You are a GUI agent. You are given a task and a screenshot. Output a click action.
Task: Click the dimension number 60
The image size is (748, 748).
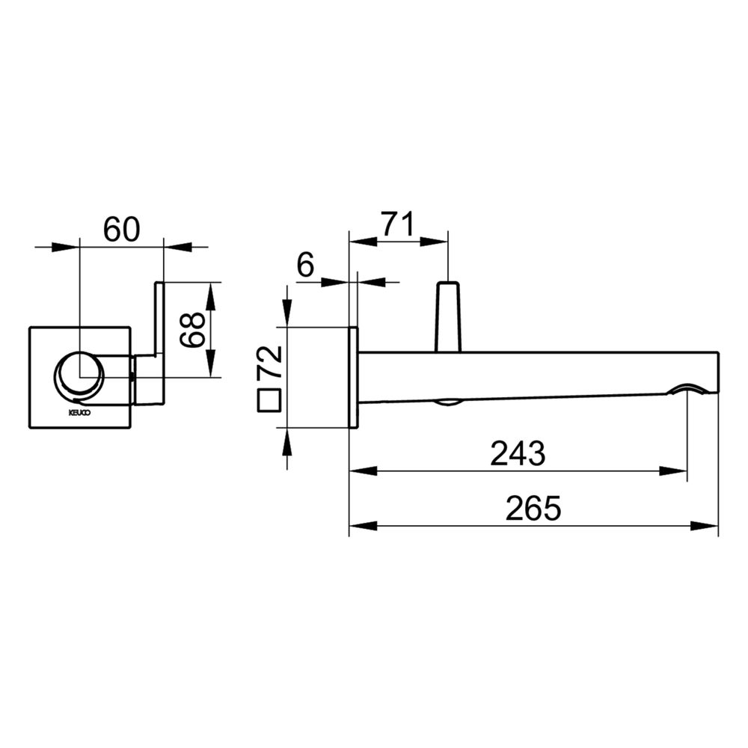coord(122,229)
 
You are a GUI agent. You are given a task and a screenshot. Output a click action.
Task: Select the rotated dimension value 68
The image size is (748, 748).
coord(192,330)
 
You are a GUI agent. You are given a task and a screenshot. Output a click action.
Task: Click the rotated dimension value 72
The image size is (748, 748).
coord(270,362)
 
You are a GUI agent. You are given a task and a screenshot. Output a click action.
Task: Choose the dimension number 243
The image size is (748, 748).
coord(518,453)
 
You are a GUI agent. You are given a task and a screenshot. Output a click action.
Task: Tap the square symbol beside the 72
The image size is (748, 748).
coord(269,400)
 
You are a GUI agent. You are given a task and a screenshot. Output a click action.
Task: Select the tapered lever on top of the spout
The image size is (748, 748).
coord(448,317)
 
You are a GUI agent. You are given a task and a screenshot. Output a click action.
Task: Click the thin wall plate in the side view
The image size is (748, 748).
coord(354,377)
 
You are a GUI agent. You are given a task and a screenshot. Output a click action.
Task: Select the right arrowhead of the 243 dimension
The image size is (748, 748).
coord(673,470)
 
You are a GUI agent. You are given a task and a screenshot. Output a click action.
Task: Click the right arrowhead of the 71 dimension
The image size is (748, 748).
coord(434,242)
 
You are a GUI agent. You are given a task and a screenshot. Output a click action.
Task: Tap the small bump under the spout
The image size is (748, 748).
coord(447,404)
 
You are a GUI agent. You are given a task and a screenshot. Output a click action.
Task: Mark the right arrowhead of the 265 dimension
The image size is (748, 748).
coord(704,526)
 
